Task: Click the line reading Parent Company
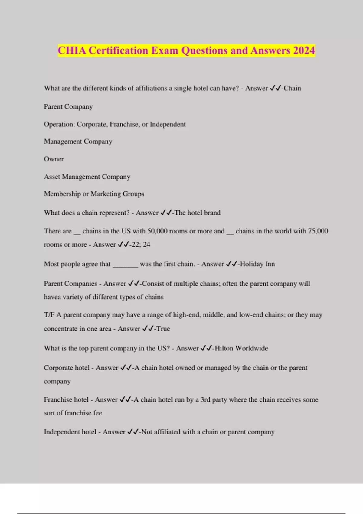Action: [68, 106]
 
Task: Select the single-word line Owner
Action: [54, 159]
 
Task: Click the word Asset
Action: [52, 177]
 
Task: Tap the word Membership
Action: [62, 194]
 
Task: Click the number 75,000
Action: [318, 231]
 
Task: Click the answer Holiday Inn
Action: [257, 264]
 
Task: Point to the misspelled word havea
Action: [52, 297]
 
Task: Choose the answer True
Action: [163, 329]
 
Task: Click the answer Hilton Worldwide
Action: [241, 348]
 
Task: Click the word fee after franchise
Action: [97, 413]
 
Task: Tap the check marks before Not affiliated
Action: [133, 432]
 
